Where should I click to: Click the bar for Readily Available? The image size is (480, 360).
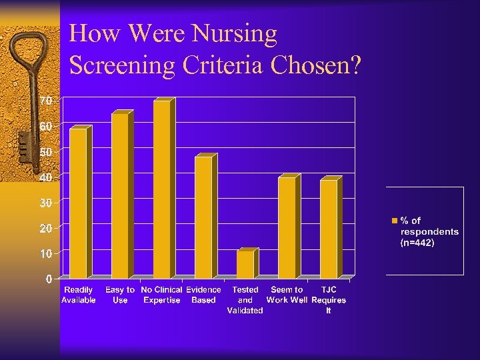click(x=79, y=203)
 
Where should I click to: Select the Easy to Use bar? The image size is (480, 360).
click(x=120, y=196)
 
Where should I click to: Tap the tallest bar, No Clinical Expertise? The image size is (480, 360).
click(x=162, y=189)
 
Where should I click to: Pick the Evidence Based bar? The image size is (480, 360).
click(x=203, y=217)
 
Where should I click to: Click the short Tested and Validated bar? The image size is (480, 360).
click(x=245, y=264)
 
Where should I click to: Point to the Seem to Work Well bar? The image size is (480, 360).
click(x=287, y=227)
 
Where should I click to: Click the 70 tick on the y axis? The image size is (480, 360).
click(x=45, y=101)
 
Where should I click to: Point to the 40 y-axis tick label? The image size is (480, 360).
click(x=45, y=177)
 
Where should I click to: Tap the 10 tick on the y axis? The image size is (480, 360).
click(x=45, y=254)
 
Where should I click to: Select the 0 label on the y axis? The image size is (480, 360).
click(x=49, y=279)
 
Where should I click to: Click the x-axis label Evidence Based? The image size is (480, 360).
click(x=203, y=295)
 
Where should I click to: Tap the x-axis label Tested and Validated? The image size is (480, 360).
click(x=245, y=300)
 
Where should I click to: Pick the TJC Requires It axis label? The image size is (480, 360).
click(x=329, y=300)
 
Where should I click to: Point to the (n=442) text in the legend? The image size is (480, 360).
click(x=417, y=243)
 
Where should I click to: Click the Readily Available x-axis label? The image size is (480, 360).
click(x=79, y=295)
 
